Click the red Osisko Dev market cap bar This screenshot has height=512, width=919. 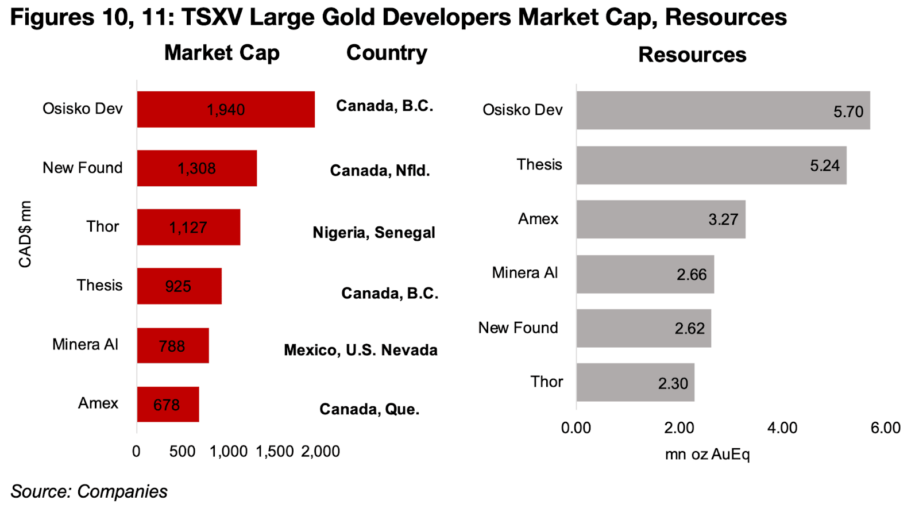click(x=226, y=109)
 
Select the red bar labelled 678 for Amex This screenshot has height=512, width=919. click(x=168, y=405)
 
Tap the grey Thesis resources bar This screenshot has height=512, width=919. click(x=711, y=165)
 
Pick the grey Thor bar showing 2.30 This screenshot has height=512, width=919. click(x=635, y=383)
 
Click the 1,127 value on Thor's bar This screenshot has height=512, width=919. click(x=188, y=228)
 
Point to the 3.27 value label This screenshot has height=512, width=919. click(x=723, y=220)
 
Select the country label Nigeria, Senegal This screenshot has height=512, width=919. click(x=374, y=233)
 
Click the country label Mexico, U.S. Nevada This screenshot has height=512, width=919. click(x=361, y=350)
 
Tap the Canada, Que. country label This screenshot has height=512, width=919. click(x=369, y=409)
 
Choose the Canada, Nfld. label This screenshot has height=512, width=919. click(x=380, y=171)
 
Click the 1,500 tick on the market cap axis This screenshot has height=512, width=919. click(x=275, y=452)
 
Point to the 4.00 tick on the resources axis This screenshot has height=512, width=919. click(x=782, y=428)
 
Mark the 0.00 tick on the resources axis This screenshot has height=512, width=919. click(x=576, y=428)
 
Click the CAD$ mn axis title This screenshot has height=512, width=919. click(x=25, y=234)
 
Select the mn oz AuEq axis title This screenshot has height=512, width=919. click(x=707, y=455)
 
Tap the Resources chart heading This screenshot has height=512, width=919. click(x=692, y=55)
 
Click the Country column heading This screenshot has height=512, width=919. click(x=387, y=53)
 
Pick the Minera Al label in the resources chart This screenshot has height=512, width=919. click(x=524, y=273)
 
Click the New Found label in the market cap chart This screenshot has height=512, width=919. click(x=83, y=168)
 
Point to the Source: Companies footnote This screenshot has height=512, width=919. click(x=89, y=492)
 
